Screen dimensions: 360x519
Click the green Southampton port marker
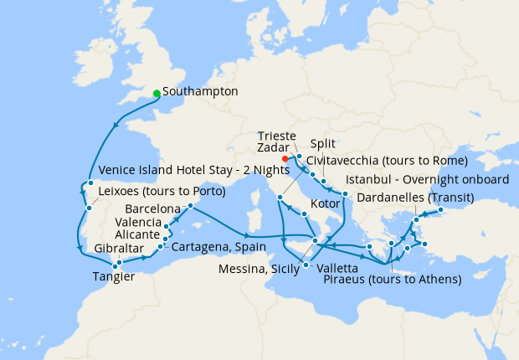[157, 93]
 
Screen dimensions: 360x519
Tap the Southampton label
[201, 91]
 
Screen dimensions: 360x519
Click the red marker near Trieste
[285, 158]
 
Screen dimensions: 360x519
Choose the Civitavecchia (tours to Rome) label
[386, 160]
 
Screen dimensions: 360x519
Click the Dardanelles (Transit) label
[415, 198]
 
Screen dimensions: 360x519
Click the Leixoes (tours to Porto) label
[162, 191]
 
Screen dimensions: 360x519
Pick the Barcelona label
[153, 208]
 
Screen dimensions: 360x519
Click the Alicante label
[140, 235]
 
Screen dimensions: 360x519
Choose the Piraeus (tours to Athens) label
[393, 279]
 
